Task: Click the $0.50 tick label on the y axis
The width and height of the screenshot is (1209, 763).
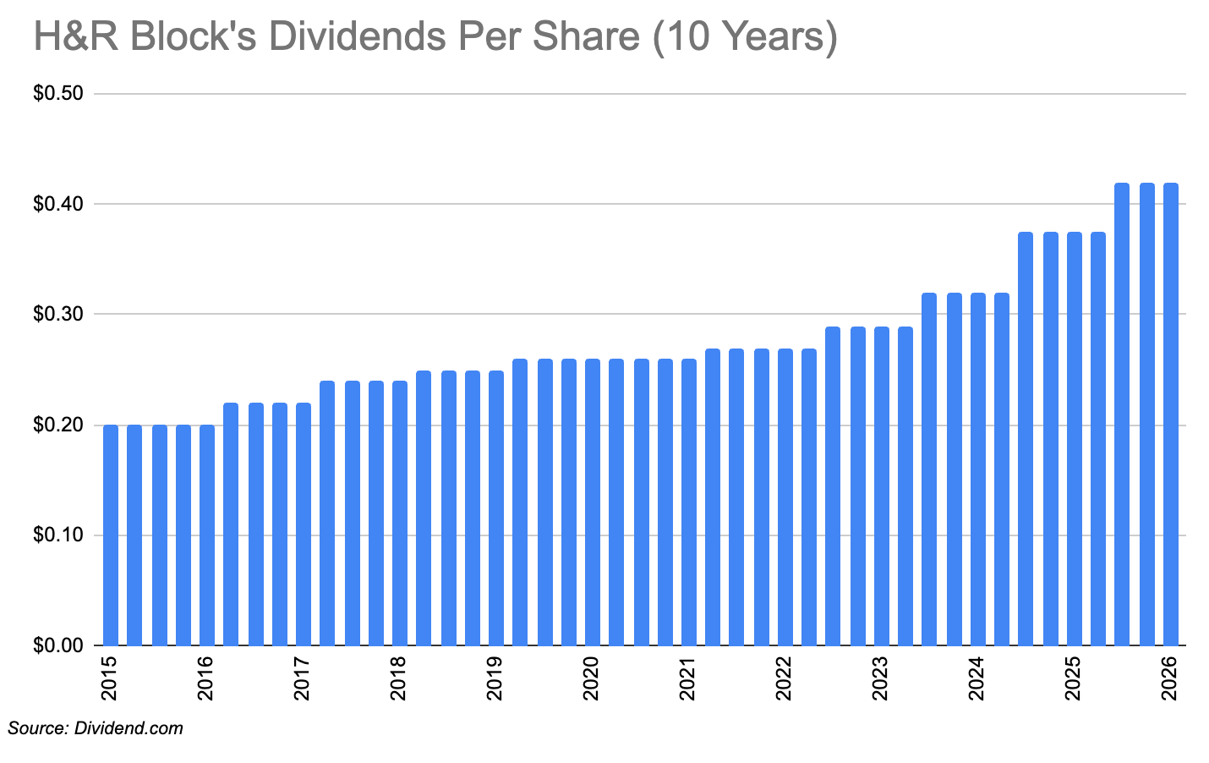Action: (57, 93)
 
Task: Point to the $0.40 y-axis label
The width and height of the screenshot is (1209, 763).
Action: (57, 204)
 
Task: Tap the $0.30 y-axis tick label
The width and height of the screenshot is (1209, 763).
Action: (57, 314)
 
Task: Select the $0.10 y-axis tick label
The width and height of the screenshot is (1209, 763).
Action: (57, 535)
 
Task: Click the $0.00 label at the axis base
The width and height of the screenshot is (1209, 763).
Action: (57, 646)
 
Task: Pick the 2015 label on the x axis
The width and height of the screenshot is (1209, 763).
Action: (110, 679)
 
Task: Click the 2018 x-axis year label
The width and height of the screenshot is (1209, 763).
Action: (399, 679)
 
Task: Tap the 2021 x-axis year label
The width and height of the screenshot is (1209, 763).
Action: (688, 679)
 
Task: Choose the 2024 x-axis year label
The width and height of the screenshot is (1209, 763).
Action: (977, 679)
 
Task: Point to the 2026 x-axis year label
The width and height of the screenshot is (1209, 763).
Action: (1171, 679)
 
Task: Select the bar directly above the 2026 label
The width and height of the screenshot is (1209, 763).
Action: (1171, 414)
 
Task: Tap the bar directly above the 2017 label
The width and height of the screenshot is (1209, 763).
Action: (304, 524)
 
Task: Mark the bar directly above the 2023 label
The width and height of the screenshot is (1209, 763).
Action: (882, 486)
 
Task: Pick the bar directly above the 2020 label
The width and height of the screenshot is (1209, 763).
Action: (593, 502)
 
